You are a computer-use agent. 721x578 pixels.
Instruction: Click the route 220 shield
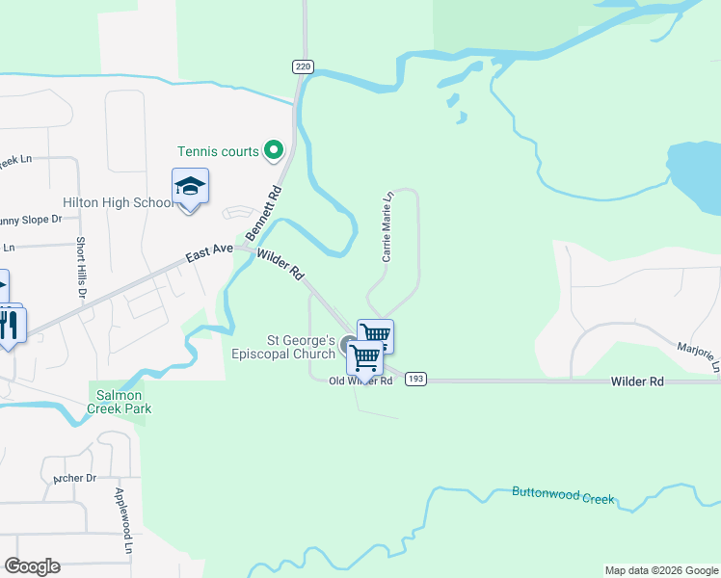[x=304, y=66]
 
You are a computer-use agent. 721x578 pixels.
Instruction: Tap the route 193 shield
[x=415, y=380]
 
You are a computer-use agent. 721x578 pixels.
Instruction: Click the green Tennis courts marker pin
[x=274, y=150]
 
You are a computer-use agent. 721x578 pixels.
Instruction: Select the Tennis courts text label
[x=218, y=151]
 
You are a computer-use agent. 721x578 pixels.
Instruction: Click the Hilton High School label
[x=118, y=202]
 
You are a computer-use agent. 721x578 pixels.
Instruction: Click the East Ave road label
[x=209, y=254]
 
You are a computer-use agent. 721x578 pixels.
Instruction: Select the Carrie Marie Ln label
[x=387, y=226]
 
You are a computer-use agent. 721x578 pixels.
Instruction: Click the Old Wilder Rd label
[x=360, y=381]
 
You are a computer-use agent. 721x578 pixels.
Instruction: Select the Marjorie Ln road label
[x=699, y=356]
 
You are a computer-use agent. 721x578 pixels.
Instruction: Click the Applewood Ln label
[x=124, y=520]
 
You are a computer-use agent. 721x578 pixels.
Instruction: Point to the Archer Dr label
[x=75, y=478]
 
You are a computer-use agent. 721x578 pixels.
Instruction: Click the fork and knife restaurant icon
[x=11, y=325]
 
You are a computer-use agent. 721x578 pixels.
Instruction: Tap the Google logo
[x=32, y=566]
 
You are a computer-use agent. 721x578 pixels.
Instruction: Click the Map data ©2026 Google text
[x=661, y=570]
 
